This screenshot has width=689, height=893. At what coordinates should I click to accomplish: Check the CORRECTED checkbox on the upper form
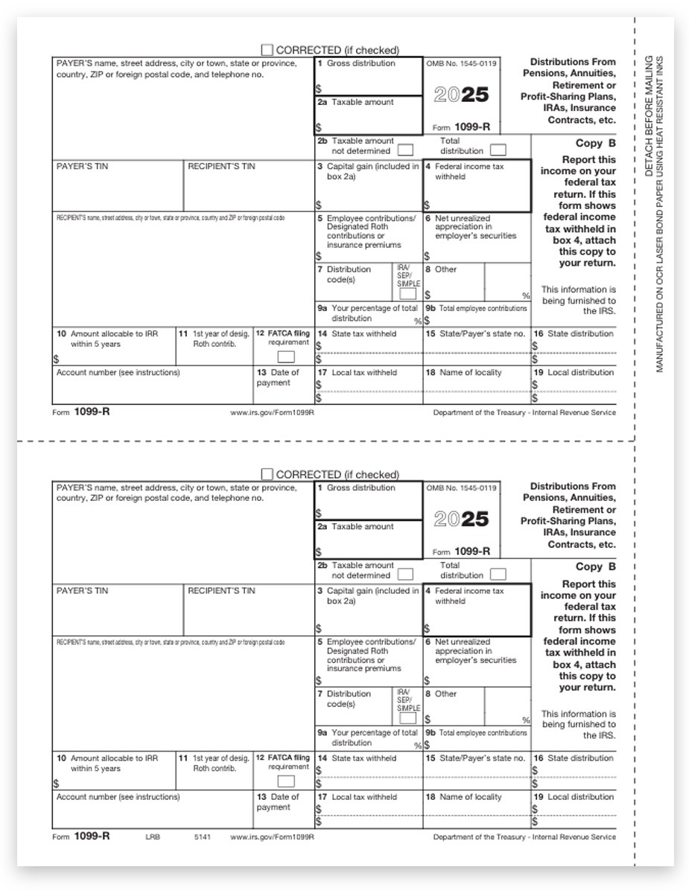pyautogui.click(x=267, y=50)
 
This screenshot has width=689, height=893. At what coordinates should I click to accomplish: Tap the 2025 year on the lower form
pyautogui.click(x=461, y=519)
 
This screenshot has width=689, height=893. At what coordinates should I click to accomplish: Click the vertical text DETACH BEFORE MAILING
pyautogui.click(x=649, y=115)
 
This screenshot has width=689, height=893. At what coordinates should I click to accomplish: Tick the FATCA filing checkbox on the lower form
pyautogui.click(x=286, y=781)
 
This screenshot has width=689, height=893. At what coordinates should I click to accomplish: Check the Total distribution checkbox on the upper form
pyautogui.click(x=498, y=150)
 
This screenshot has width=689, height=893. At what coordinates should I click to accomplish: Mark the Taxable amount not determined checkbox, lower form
pyautogui.click(x=405, y=574)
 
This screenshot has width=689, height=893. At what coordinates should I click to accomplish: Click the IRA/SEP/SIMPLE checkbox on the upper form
pyautogui.click(x=408, y=294)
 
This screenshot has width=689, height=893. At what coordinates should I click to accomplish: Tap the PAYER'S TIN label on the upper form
pyautogui.click(x=82, y=167)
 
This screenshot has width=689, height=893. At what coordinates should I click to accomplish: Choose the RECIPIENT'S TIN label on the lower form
pyautogui.click(x=221, y=591)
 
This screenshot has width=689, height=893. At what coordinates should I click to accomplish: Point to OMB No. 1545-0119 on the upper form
pyautogui.click(x=461, y=64)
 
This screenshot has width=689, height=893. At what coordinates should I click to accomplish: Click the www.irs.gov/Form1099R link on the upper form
pyautogui.click(x=273, y=412)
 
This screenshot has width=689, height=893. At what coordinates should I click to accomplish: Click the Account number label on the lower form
pyautogui.click(x=118, y=797)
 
